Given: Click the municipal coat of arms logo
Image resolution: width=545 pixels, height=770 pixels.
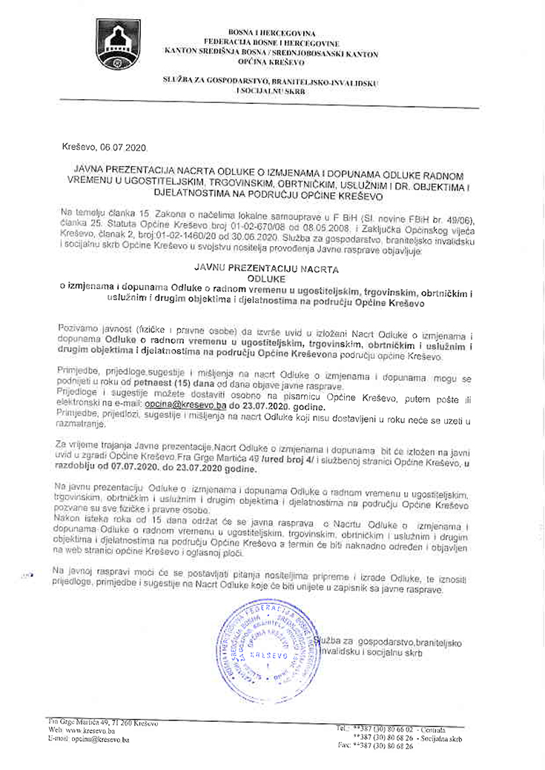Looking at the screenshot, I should pyautogui.click(x=117, y=44).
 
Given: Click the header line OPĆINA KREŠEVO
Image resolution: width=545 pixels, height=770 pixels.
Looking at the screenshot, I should pyautogui.click(x=271, y=63).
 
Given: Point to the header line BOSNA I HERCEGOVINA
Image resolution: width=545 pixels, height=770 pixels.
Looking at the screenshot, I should pyautogui.click(x=271, y=34).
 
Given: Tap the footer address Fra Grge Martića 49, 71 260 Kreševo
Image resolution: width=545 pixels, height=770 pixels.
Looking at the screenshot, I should pyautogui.click(x=102, y=722).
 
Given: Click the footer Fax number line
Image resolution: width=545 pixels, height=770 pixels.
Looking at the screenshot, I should pyautogui.click(x=375, y=746).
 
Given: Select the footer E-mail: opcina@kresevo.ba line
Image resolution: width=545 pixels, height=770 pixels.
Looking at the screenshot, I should pyautogui.click(x=88, y=739).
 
